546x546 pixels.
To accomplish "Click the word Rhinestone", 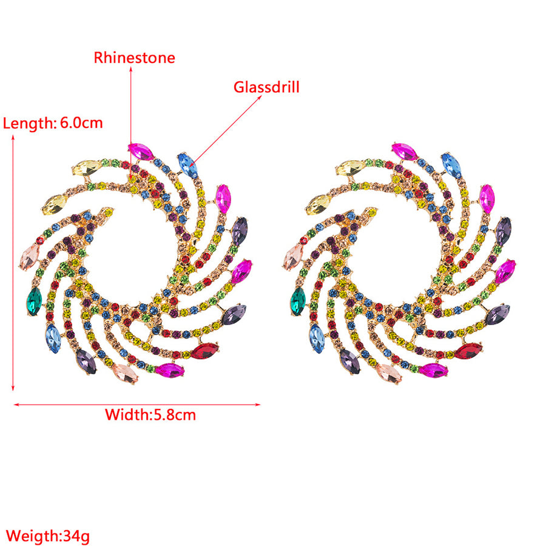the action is point(135,58).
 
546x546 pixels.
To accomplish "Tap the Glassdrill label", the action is point(266,87).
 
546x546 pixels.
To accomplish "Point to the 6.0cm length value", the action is point(81,123).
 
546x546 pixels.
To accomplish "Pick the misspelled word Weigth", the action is point(32,536).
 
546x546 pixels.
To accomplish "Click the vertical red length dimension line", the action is point(13,263).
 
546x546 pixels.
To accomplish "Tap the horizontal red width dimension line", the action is point(137,405).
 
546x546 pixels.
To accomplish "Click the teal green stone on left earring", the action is point(34,302).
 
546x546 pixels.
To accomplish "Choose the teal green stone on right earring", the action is point(298,302).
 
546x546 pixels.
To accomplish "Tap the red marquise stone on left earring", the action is point(204,351).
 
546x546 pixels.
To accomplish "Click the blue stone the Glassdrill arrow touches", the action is point(187,166).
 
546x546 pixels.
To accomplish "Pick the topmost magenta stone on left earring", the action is point(141,152).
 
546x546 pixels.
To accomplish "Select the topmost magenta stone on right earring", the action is point(405,152).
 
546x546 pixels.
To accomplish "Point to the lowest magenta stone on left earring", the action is point(170,371).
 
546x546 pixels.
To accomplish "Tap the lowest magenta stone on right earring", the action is point(434,371).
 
